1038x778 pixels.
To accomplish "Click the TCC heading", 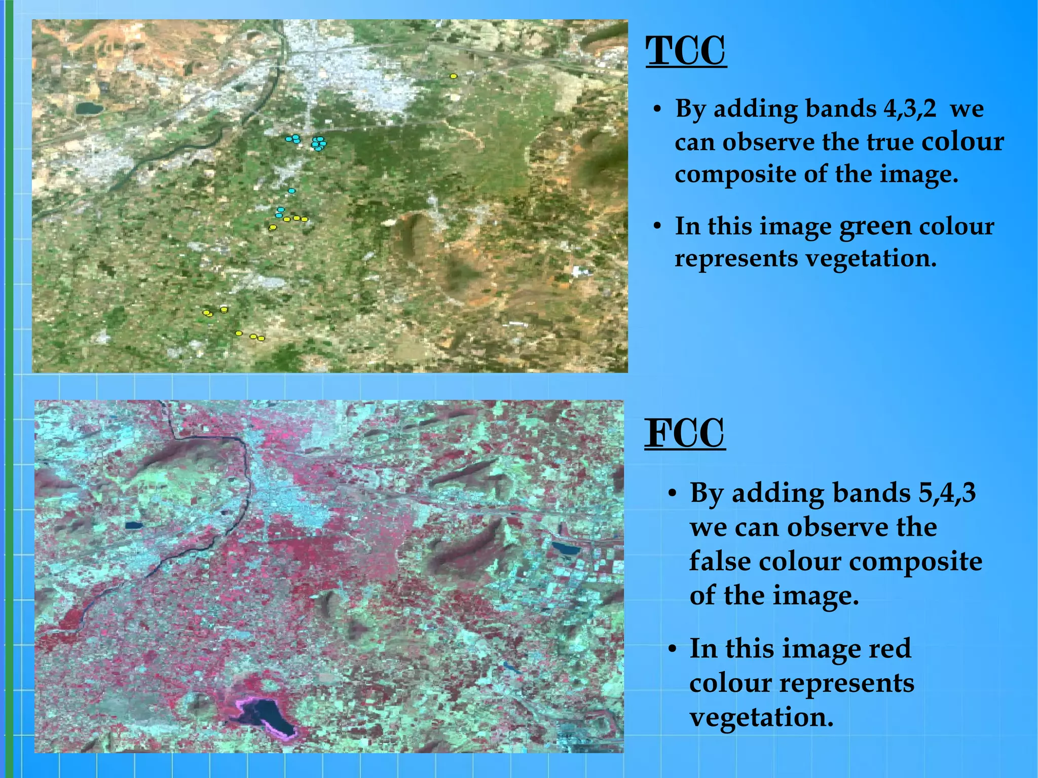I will (x=686, y=51).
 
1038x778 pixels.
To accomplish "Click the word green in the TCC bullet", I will (x=875, y=227).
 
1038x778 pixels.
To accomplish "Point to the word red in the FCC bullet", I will (x=889, y=648).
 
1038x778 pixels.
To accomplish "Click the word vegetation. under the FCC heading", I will (x=761, y=717).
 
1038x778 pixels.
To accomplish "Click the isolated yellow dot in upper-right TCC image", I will (x=454, y=76).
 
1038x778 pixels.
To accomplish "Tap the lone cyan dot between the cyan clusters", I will (x=291, y=191).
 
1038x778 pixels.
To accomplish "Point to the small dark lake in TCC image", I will (x=89, y=107).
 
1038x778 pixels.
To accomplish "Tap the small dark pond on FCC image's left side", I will (x=134, y=526).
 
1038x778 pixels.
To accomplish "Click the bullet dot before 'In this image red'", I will (x=672, y=649).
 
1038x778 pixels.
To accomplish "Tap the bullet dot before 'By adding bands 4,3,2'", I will (x=657, y=109).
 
